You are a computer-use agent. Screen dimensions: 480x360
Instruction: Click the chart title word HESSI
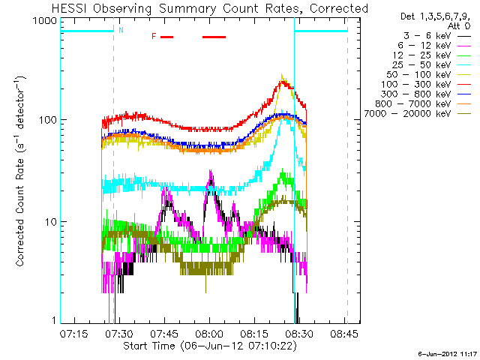70,8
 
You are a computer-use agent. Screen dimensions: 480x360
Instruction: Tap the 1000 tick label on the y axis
45,20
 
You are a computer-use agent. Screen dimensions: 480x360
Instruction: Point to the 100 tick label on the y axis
48,120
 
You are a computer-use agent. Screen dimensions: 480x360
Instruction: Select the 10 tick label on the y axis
51,222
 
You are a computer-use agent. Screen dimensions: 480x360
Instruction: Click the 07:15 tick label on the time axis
73,333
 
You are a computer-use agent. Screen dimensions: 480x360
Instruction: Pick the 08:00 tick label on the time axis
209,333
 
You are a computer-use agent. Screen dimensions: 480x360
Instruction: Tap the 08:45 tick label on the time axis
344,333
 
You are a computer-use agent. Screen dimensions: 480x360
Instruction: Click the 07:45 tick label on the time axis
164,333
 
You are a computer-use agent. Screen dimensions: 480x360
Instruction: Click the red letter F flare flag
154,37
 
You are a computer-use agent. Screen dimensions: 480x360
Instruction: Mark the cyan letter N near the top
121,30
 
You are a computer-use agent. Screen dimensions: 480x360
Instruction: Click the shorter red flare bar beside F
166,37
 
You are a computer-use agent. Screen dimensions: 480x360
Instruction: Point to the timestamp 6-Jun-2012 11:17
447,354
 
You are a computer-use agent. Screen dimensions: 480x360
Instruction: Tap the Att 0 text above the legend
458,26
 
